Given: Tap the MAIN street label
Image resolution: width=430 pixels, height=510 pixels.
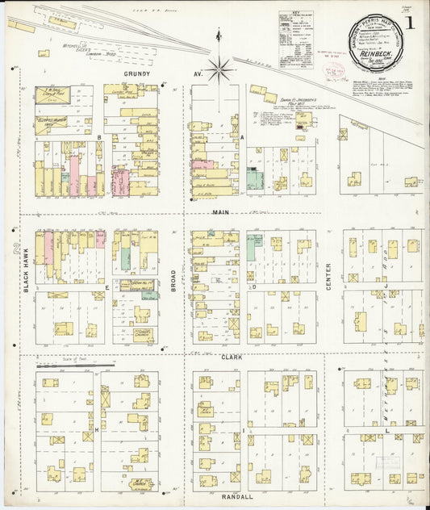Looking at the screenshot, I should pyautogui.click(x=221, y=213).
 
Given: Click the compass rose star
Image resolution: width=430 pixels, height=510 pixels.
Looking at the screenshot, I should pyautogui.click(x=219, y=69).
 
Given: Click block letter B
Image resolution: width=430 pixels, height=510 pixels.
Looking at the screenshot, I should pyautogui.click(x=99, y=138).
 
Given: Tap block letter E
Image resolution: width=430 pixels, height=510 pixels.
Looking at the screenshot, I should pyautogui.click(x=107, y=286).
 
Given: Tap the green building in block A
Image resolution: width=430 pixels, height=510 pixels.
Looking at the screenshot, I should pyautogui.click(x=255, y=178).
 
